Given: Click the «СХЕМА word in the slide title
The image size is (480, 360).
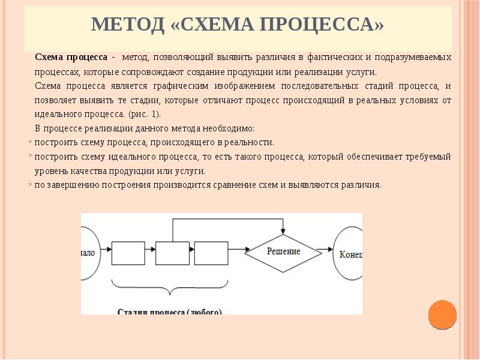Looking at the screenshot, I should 212,25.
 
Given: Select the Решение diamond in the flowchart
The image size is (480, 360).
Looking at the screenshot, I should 283,251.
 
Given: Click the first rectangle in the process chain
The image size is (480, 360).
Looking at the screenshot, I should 128,253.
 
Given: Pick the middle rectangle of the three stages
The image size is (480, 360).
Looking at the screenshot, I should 172,253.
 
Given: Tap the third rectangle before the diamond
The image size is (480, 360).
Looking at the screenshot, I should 211,253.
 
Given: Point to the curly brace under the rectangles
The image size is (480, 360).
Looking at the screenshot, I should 172,289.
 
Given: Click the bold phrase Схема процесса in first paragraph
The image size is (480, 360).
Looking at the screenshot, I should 71,57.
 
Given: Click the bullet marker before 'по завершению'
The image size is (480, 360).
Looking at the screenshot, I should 31,185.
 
